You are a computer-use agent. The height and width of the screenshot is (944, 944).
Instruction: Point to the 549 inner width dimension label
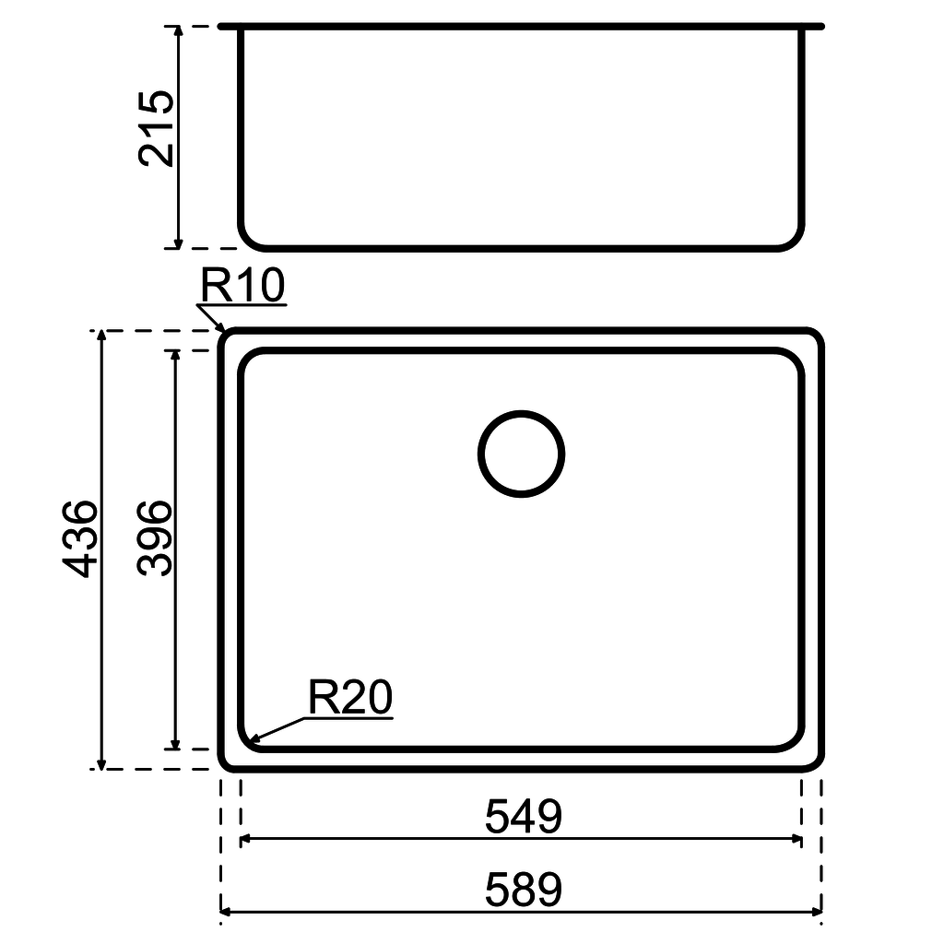click(523, 817)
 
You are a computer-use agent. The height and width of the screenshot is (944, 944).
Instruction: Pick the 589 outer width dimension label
click(523, 891)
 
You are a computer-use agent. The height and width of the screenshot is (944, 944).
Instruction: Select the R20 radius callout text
click(350, 699)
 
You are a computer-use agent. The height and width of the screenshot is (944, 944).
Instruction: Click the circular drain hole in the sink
click(521, 454)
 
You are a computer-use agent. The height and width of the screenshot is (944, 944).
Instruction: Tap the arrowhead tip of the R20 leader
click(252, 740)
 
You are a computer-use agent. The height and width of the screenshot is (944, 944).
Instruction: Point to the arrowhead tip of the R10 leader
click(224, 329)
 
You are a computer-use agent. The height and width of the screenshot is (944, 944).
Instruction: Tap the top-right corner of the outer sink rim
click(815, 336)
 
